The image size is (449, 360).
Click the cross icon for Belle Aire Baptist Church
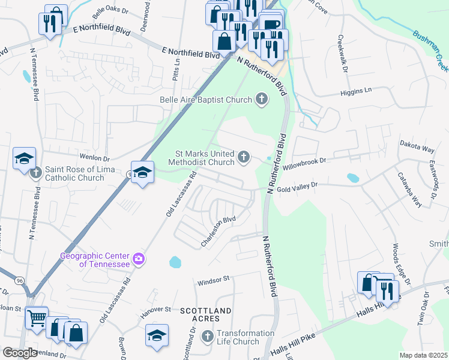click(261, 98)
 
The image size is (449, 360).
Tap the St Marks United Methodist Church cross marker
click(243, 157)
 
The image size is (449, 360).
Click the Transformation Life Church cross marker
click(208, 336)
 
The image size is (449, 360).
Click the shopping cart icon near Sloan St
click(37, 316)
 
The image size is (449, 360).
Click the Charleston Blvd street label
click(218, 232)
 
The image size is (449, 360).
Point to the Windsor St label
click(213, 280)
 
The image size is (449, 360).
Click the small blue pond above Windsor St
click(175, 262)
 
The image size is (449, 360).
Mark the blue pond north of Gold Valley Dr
click(352, 178)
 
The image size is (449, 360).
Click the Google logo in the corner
click(20, 353)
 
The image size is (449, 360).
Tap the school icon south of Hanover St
click(157, 335)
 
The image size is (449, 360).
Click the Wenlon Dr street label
click(98, 158)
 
